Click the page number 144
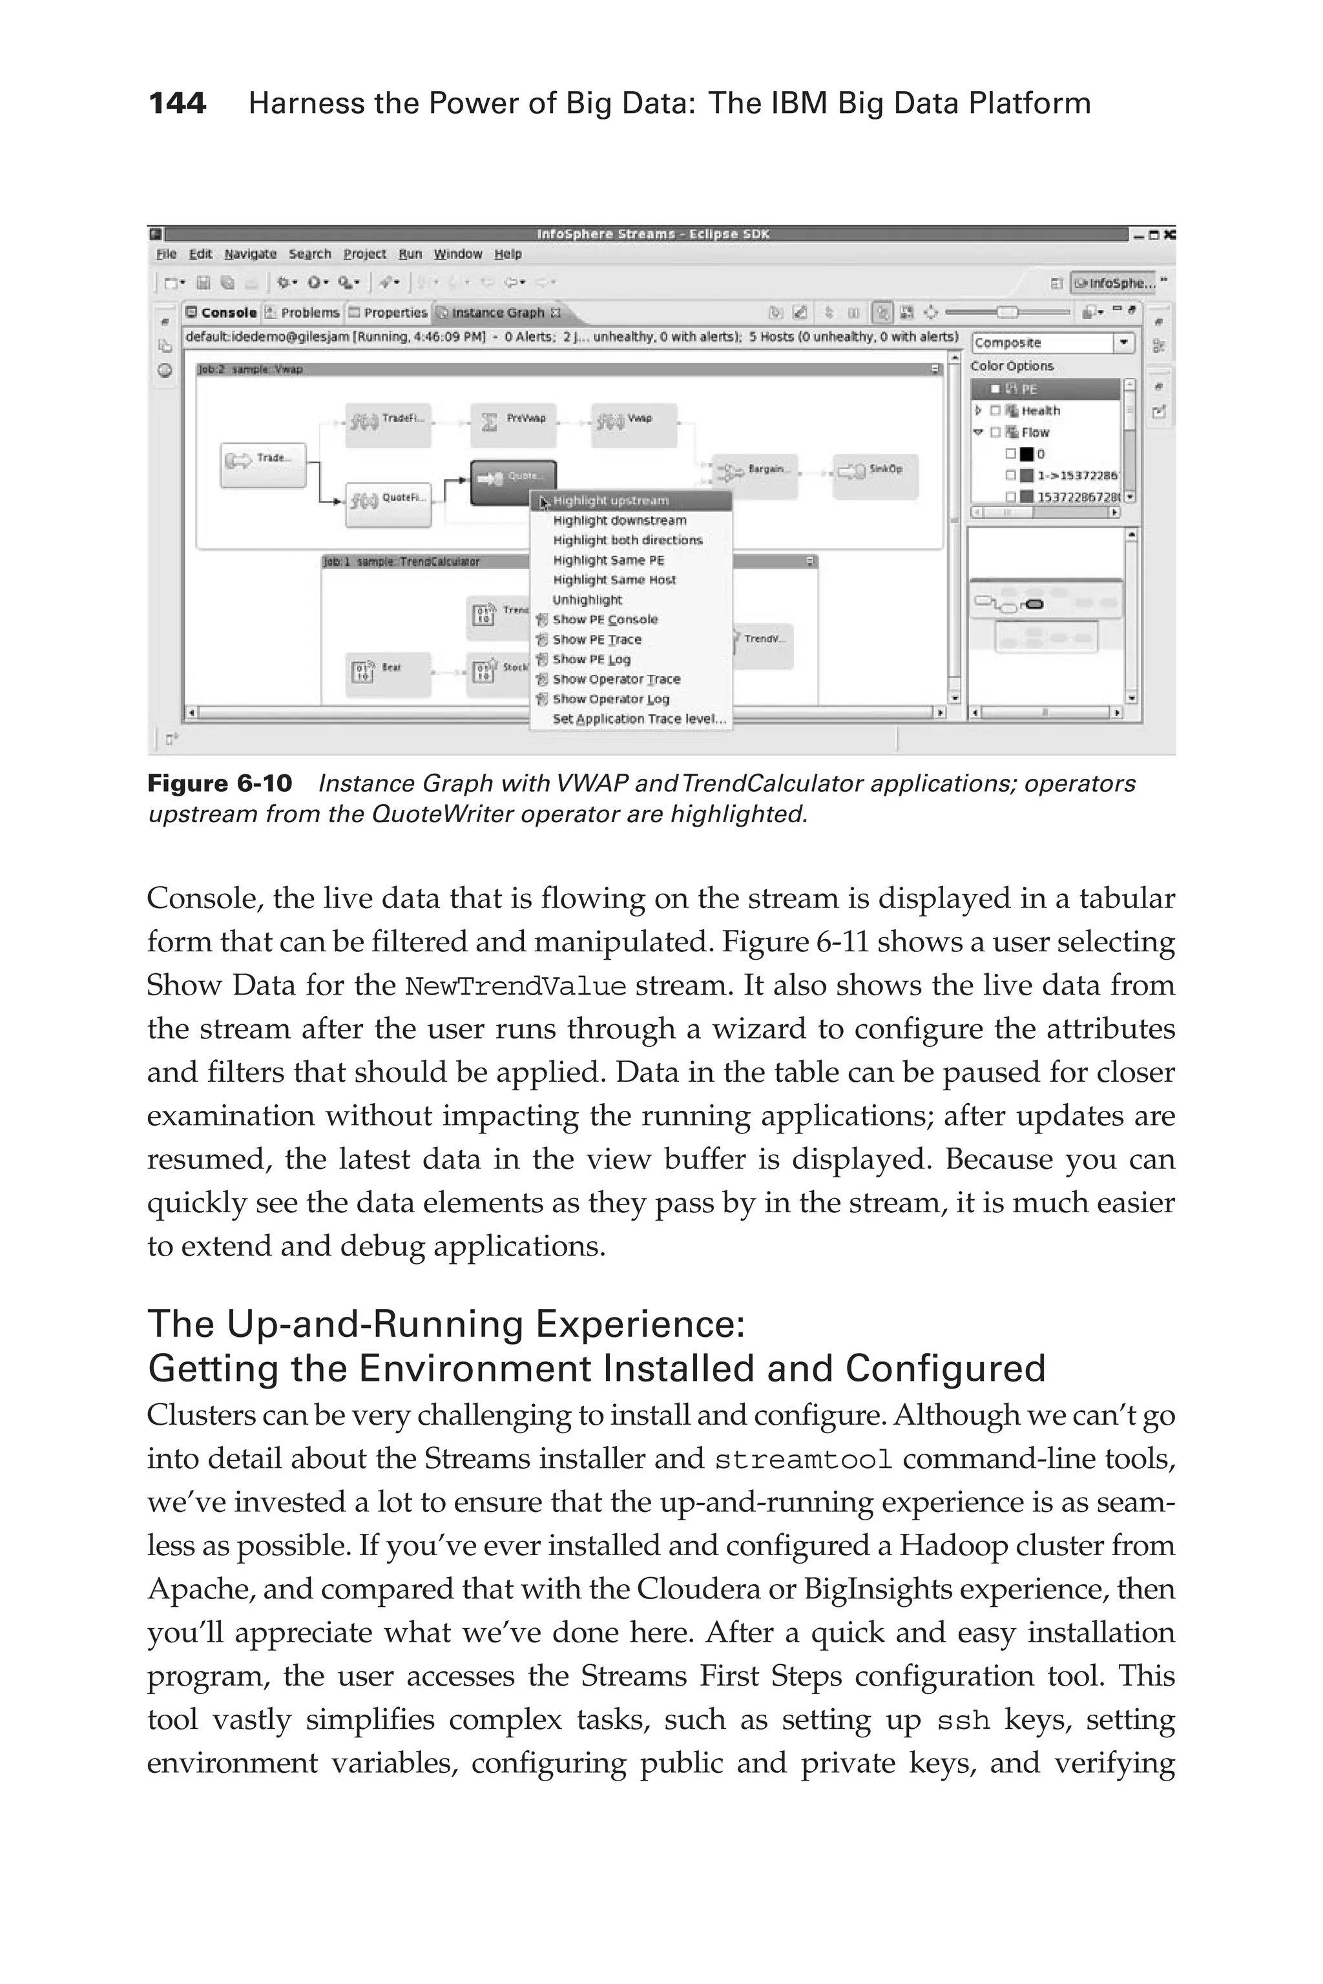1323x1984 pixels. pos(177,104)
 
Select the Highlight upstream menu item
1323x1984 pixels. pos(611,501)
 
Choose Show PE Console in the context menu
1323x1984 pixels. pos(605,619)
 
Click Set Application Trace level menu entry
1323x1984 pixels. pos(639,719)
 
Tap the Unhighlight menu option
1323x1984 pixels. pos(587,600)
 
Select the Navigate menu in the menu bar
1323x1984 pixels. pos(250,254)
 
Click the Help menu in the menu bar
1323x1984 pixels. pos(508,254)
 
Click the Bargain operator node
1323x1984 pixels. pos(755,475)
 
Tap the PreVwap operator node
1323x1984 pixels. pos(514,424)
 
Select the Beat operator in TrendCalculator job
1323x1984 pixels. pos(388,673)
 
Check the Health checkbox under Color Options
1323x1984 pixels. pos(995,411)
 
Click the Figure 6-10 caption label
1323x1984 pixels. pos(220,783)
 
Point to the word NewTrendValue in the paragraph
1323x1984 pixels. pos(515,986)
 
